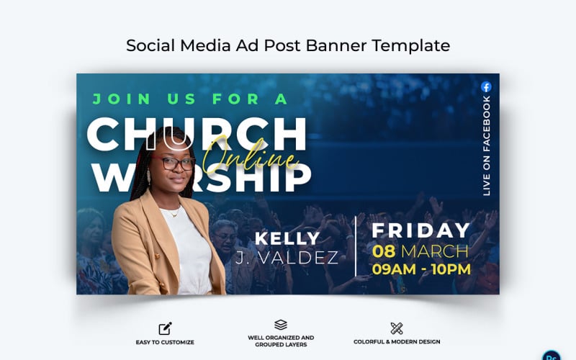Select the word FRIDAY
point(420,231)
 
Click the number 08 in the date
point(383,251)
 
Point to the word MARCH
point(435,251)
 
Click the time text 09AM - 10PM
point(420,270)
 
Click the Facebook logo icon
point(486,87)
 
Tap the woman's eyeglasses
point(175,163)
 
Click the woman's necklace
point(173,213)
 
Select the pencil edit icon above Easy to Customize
point(165,328)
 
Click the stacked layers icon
point(281,325)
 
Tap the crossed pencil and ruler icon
point(396,328)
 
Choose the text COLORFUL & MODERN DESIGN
point(397,342)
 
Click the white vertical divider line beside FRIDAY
point(356,245)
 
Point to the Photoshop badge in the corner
point(552,355)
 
